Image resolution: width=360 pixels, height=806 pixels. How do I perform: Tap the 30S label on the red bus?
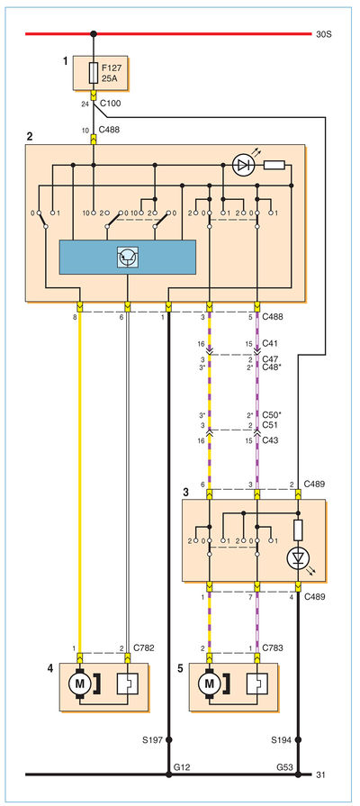tap(325, 35)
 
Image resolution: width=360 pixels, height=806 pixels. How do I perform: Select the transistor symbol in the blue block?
tap(127, 257)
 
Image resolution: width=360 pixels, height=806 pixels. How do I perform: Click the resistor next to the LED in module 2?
tap(274, 166)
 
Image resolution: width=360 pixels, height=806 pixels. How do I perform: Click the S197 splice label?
tap(152, 741)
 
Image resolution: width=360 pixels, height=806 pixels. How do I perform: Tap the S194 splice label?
tap(282, 741)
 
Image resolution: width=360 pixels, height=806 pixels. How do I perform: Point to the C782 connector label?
tap(144, 648)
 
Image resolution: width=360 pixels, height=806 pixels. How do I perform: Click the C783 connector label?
tap(273, 648)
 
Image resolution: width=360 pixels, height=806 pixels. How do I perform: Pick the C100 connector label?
tap(110, 104)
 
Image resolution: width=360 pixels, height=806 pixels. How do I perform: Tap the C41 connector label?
tap(270, 342)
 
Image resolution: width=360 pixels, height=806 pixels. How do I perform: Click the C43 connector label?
tap(270, 441)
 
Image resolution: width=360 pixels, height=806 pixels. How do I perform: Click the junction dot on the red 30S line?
tap(93, 34)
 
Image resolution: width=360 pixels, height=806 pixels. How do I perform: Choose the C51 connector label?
tap(270, 426)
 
